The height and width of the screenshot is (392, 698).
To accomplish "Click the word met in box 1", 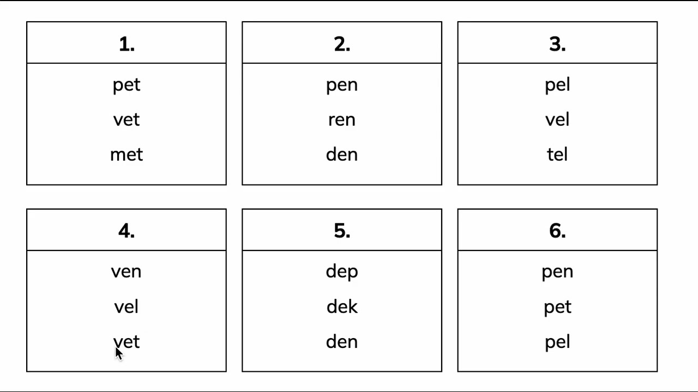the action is pos(127,154).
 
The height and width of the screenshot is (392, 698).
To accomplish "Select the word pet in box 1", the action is pos(127,85).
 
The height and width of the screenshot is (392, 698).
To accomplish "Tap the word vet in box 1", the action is pos(127,120).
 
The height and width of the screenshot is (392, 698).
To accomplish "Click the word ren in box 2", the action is pos(342,120).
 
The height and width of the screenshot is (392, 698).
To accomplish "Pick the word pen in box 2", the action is pos(342,86).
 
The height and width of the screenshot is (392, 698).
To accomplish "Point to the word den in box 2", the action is pos(342,154).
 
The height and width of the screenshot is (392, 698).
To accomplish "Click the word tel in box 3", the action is pos(557,154).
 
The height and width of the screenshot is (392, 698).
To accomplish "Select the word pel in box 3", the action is pos(557,85).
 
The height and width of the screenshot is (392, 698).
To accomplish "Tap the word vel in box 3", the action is pos(557,119).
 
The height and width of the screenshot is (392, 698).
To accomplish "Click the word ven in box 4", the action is pos(126,272).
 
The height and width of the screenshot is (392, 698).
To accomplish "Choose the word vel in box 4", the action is pos(126,307).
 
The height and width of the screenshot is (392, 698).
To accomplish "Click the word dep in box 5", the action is pos(342,272).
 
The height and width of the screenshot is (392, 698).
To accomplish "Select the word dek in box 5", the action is pos(342,307).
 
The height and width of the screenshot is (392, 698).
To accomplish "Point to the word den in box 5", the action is pos(342,341).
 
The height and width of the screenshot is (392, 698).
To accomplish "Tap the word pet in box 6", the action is pos(557,308).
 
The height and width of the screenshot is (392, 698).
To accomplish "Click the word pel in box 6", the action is pos(557,342).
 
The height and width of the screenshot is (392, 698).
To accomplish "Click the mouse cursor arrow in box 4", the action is pos(119,354).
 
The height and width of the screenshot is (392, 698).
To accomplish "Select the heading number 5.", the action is pos(342,231).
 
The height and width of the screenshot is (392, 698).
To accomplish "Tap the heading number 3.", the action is pos(557,44).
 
